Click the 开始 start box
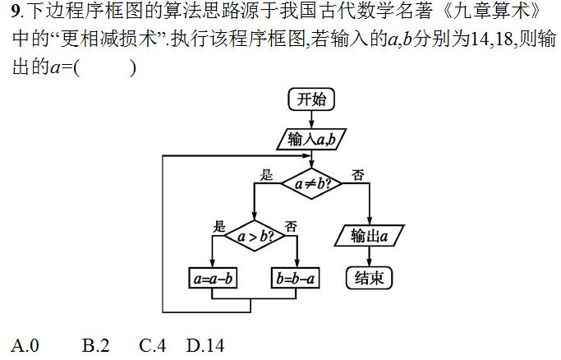[311, 99]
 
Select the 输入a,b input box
[311, 138]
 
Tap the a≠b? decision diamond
[311, 182]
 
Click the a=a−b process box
[213, 279]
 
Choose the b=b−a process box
[296, 279]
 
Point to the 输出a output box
[370, 237]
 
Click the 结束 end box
[369, 278]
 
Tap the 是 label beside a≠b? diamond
[266, 174]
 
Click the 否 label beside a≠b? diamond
[358, 174]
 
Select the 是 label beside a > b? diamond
[218, 226]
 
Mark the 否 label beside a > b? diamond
[291, 226]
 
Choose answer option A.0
[25, 345]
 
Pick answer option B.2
[95, 345]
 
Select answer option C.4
[153, 345]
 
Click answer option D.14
[205, 345]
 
